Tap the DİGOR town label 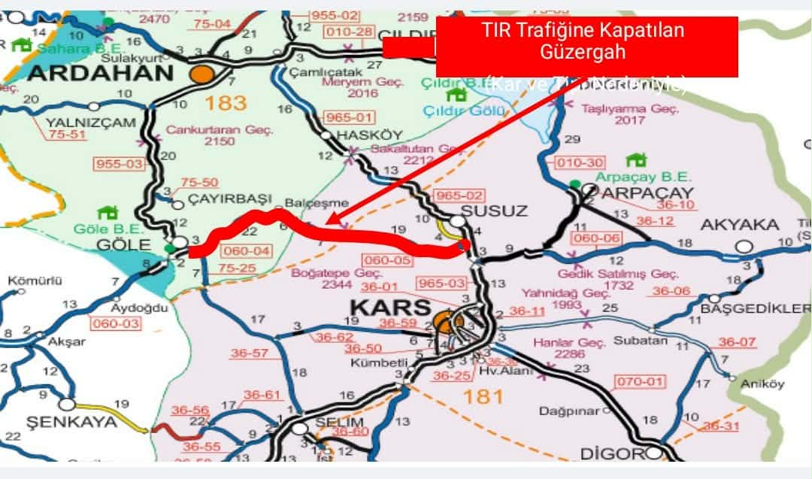coord(612,453)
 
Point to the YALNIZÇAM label coord(80,122)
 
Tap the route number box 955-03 coord(118,162)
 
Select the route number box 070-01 coord(641,382)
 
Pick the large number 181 coord(484,396)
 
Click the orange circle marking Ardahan coord(202,74)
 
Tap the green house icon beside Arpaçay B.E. coord(636,160)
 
